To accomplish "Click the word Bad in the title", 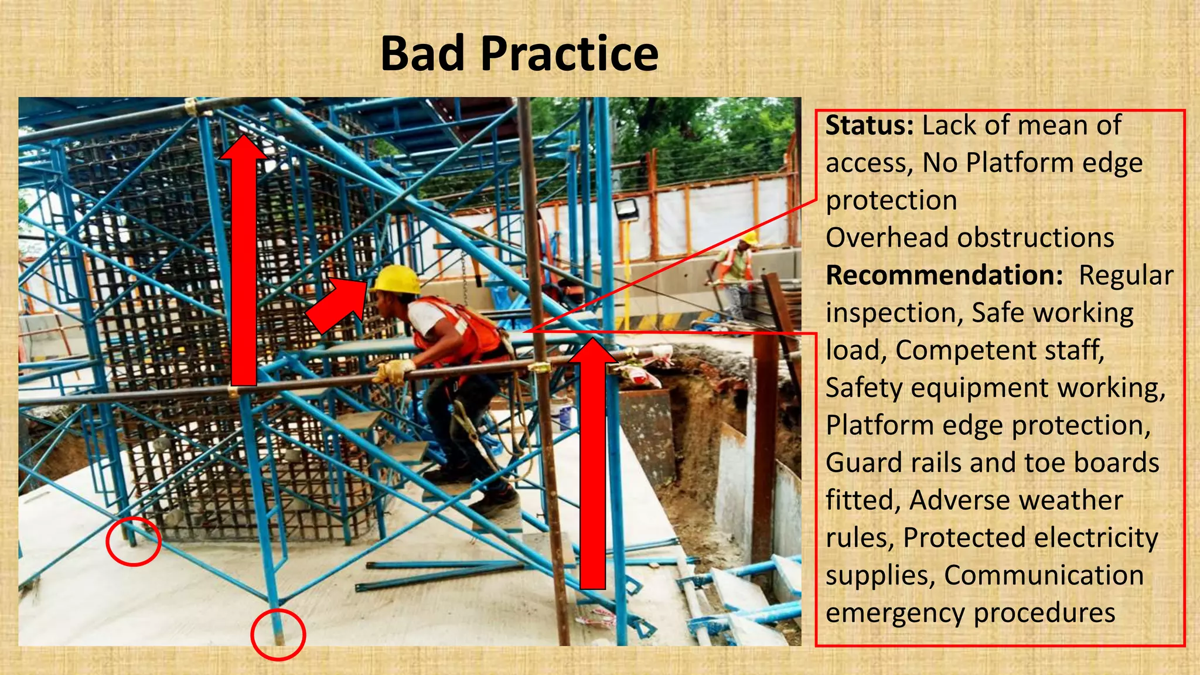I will tap(423, 54).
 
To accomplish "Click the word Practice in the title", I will tap(570, 54).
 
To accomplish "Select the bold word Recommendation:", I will tap(944, 275).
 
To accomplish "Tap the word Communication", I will tap(1044, 575).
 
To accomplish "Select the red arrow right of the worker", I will tap(592, 463).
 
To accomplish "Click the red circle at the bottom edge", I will tap(278, 635).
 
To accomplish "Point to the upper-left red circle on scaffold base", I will tap(133, 541).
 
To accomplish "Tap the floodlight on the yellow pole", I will tap(626, 209).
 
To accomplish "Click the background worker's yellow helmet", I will tap(748, 238).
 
